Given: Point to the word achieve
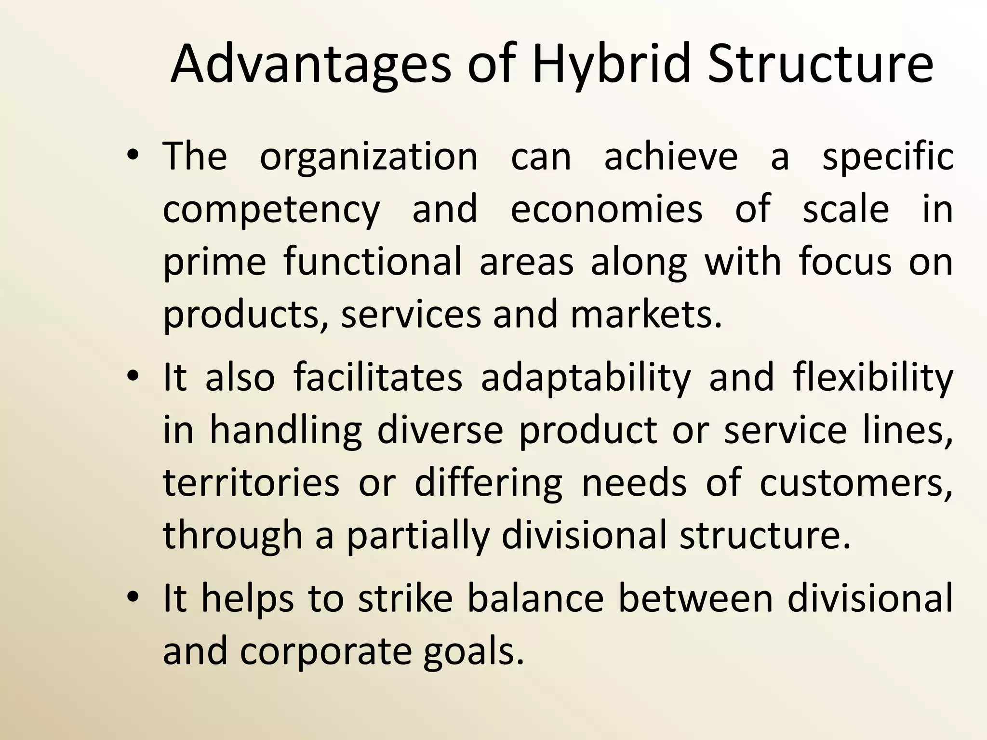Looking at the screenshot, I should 671,157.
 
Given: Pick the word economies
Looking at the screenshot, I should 606,210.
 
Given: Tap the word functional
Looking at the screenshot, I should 373,262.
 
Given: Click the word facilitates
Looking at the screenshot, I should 378,377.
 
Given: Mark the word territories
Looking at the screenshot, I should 251,482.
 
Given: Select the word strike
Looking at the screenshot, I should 405,598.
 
